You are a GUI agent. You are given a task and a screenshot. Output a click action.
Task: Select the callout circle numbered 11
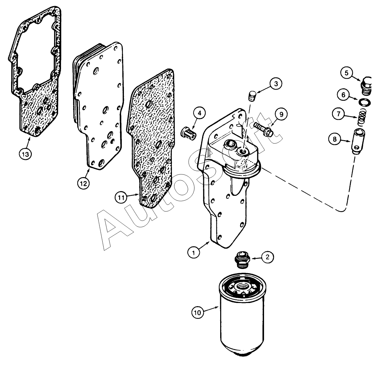coord(121,198)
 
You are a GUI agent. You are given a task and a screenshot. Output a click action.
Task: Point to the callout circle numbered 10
coord(198,313)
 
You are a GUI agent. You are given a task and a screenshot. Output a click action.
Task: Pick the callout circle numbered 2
coord(268,257)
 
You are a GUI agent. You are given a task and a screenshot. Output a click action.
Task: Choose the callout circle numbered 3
coord(276,84)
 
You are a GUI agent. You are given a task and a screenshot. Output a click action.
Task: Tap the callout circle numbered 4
coord(200,113)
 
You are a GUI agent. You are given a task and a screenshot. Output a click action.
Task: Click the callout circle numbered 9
coord(281,114)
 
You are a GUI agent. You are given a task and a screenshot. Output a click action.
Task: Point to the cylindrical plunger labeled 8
coord(358,141)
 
